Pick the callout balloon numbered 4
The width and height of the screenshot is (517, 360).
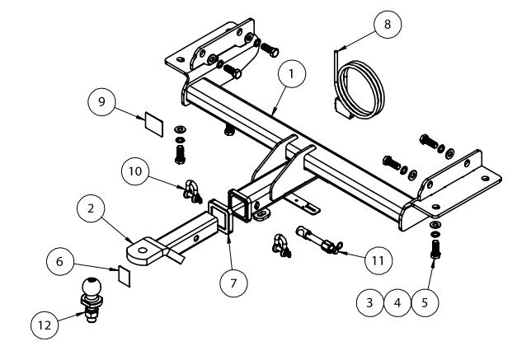397,303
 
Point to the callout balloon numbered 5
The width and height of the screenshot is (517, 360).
425,303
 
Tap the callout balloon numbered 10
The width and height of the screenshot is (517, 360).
135,171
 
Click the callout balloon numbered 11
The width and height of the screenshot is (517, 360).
378,259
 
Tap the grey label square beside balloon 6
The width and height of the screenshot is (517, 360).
121,274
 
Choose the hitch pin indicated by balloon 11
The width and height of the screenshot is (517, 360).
315,241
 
